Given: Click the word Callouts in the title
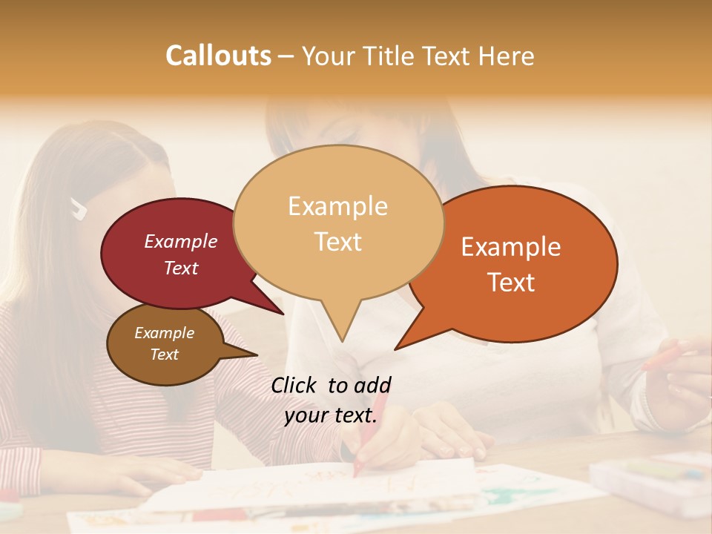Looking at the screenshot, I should [x=218, y=56].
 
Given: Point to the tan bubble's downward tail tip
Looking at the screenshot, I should [x=342, y=341].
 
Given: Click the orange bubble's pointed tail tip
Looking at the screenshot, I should [x=396, y=349].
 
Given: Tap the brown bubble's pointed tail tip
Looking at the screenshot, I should [x=257, y=355].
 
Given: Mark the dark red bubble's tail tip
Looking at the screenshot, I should [x=283, y=314].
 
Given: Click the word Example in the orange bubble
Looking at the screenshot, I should [x=511, y=247].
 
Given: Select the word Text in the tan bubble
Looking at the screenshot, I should [x=338, y=242].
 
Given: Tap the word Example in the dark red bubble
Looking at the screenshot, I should [x=181, y=241].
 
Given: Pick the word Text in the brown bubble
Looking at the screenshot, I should [x=165, y=355].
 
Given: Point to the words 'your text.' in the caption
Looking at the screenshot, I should [x=331, y=416].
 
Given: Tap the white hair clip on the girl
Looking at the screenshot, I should [x=78, y=210].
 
